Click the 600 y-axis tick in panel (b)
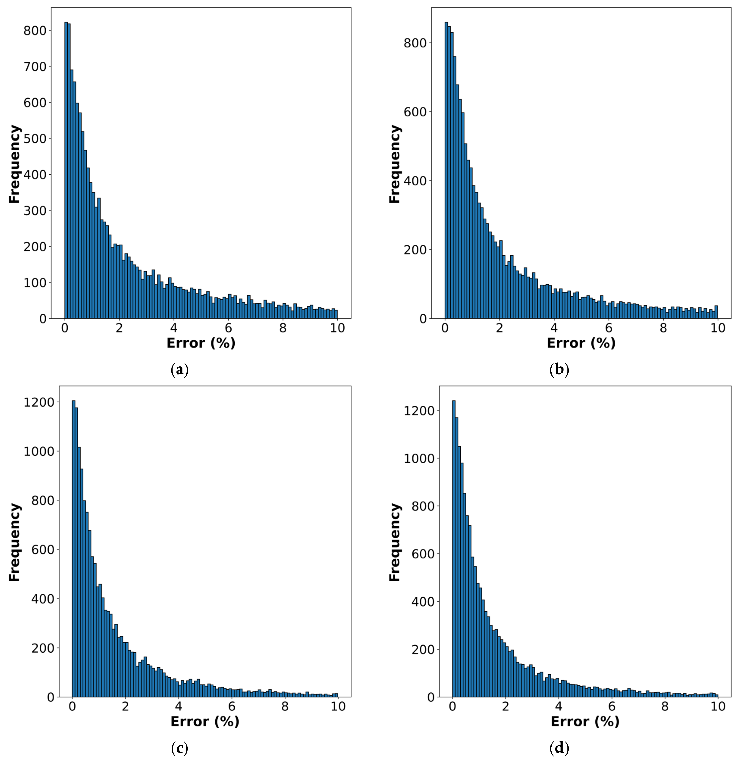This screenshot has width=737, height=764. [415, 112]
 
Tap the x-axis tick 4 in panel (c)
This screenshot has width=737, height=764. [179, 707]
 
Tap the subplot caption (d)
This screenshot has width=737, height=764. [559, 748]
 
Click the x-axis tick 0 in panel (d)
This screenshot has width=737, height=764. [452, 707]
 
